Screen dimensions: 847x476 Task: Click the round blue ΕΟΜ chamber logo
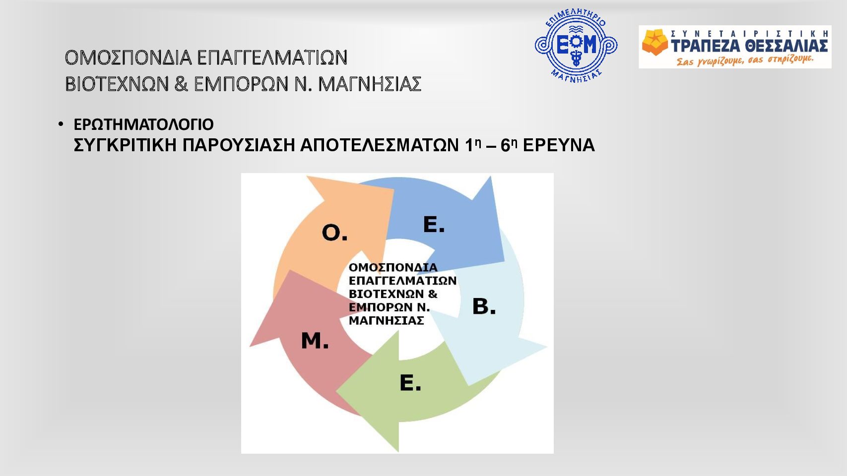[576, 45]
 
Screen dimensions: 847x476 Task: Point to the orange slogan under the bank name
[744, 60]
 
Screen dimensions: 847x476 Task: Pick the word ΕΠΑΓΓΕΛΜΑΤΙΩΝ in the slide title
[272, 58]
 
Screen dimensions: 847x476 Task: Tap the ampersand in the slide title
[181, 84]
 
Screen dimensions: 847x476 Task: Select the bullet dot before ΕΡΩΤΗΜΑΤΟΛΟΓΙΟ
[61, 124]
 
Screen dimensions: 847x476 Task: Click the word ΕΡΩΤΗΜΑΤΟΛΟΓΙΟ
[144, 124]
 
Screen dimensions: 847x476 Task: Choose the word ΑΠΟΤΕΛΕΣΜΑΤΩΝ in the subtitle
[380, 145]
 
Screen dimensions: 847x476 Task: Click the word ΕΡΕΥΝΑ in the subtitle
[559, 145]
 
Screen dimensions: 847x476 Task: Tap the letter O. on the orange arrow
[334, 233]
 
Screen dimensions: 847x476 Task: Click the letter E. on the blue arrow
[434, 224]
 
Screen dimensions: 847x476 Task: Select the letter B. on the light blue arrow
[484, 306]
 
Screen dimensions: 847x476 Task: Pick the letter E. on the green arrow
[410, 383]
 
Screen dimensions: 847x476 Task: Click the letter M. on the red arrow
[315, 340]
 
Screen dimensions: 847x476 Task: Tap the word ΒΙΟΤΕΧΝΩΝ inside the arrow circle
[381, 294]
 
